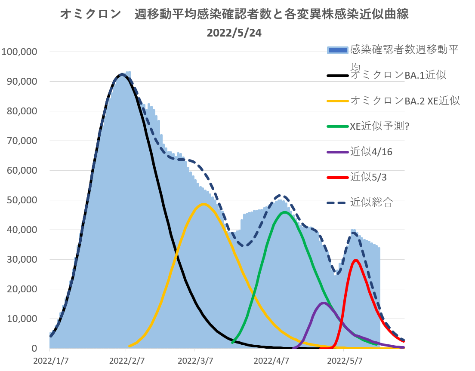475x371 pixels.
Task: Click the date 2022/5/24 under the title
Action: (x=234, y=33)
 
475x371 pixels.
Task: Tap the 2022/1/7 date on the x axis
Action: (x=50, y=359)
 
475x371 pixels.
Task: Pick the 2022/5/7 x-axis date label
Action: (x=344, y=359)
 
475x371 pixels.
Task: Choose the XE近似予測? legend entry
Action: (x=379, y=126)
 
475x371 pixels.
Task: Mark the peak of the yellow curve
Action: (x=204, y=204)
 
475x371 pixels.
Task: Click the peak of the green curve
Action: (x=284, y=212)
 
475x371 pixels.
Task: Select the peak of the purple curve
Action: (x=324, y=303)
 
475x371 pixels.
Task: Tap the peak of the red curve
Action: (x=356, y=260)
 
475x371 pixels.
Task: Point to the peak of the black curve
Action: (x=122, y=74)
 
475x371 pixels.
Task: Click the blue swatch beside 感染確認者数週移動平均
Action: (x=338, y=51)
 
